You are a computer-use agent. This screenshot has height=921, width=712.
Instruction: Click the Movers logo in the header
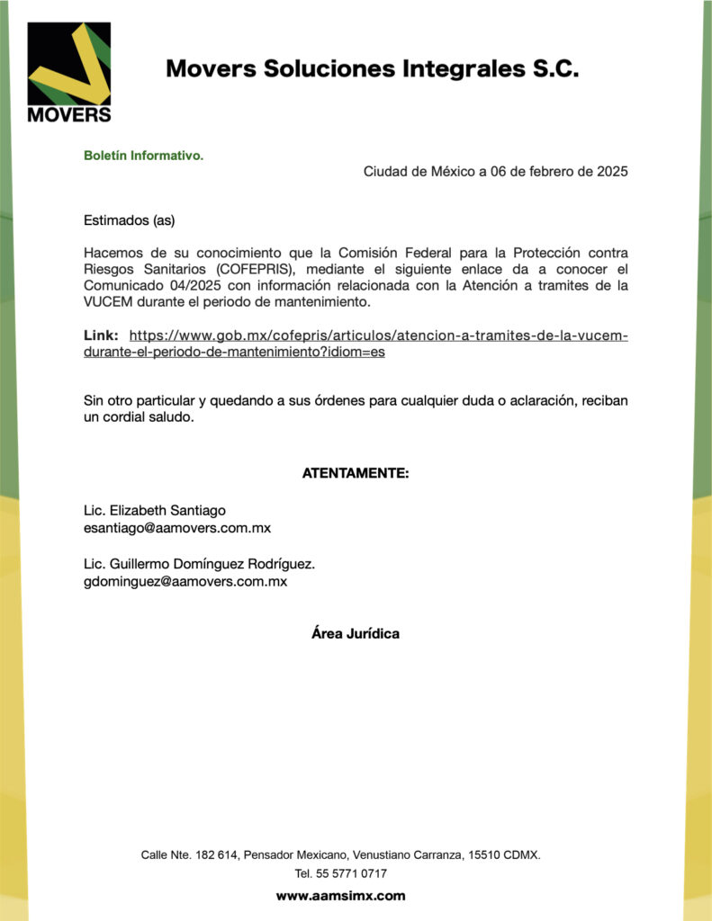[69, 72]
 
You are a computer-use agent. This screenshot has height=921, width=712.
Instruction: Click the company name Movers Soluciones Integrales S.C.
[372, 68]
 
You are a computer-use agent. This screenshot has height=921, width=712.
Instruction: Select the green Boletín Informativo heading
[144, 156]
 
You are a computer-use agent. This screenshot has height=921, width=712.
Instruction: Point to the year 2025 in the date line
[613, 171]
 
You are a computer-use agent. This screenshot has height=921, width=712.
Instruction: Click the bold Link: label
[101, 335]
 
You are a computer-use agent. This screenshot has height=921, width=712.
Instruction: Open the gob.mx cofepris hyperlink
[378, 336]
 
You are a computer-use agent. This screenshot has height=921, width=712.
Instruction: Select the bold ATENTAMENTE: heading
[356, 473]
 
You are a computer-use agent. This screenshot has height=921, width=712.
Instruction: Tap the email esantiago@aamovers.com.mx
[177, 528]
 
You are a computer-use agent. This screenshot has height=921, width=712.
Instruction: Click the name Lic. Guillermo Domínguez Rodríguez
[199, 564]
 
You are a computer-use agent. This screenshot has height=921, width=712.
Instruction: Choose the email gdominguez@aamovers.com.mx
[185, 582]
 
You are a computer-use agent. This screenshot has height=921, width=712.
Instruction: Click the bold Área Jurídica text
[356, 633]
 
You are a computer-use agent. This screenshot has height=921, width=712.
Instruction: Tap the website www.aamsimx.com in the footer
[340, 896]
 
